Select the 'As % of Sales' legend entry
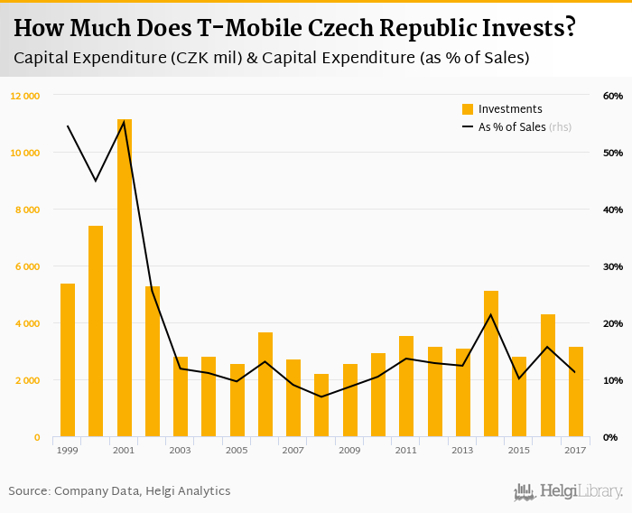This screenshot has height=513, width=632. point(511,127)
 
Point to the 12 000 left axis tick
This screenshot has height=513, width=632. point(25,96)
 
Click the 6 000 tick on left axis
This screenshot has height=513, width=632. point(27,266)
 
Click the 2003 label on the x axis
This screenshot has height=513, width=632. point(180,449)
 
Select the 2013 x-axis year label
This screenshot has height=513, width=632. point(462,449)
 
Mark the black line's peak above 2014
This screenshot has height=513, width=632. point(490,314)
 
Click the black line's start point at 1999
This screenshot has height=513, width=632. point(68,126)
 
